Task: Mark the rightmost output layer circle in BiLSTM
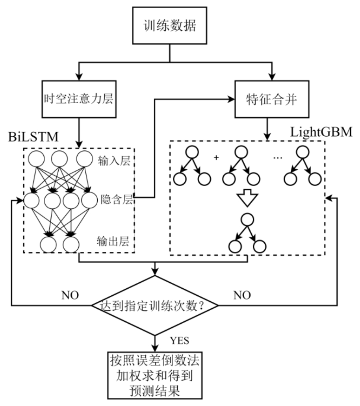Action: coord(71,243)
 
